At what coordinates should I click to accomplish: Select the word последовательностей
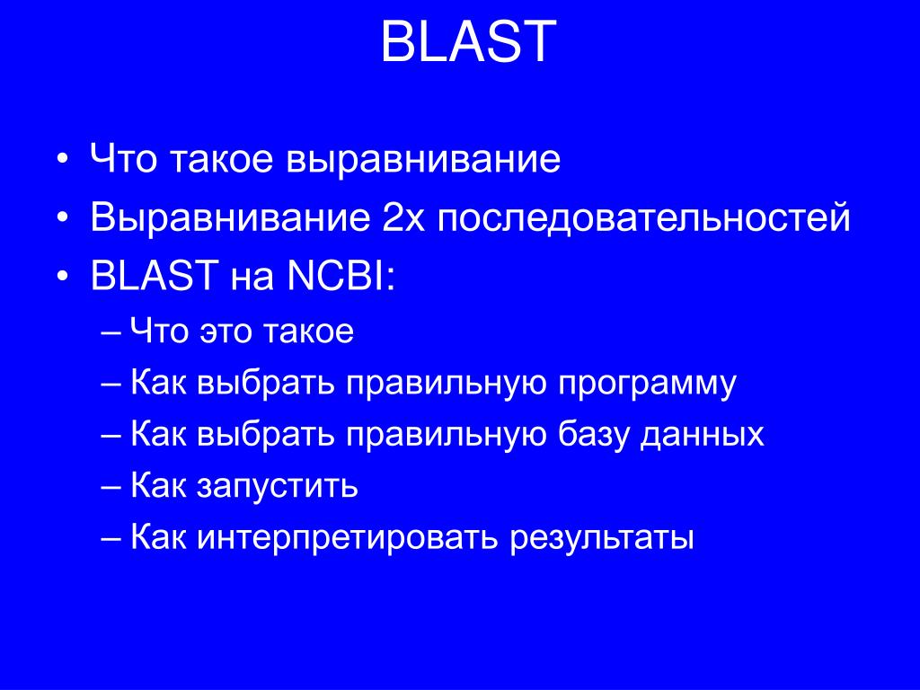coord(644,218)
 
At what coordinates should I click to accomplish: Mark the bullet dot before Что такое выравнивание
coord(62,162)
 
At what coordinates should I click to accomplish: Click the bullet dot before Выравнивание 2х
coord(62,219)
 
